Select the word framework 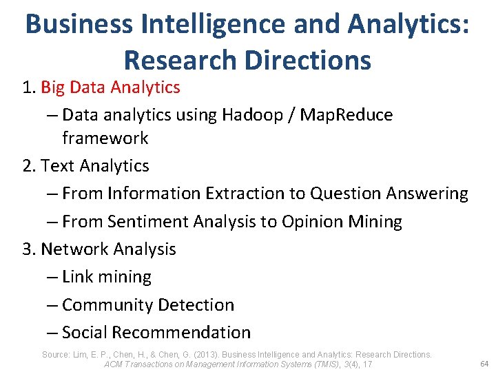click(105, 138)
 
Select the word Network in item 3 click(74, 249)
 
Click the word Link click(78, 277)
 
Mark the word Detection click(196, 304)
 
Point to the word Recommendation click(181, 333)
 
